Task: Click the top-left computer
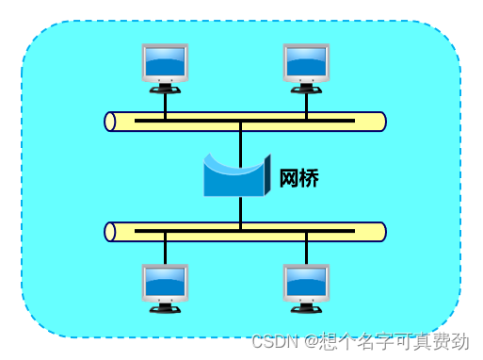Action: pyautogui.click(x=165, y=66)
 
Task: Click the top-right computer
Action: pyautogui.click(x=306, y=66)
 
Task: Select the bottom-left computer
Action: pyautogui.click(x=165, y=286)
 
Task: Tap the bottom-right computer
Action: pyautogui.click(x=306, y=286)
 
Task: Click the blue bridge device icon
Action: pyautogui.click(x=236, y=176)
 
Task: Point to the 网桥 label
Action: pyautogui.click(x=298, y=178)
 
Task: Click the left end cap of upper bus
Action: pyautogui.click(x=110, y=122)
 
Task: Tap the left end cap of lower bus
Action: pyautogui.click(x=110, y=232)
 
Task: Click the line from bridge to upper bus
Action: pyautogui.click(x=241, y=141)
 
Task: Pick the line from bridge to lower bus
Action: pyautogui.click(x=241, y=212)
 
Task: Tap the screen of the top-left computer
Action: pyautogui.click(x=165, y=61)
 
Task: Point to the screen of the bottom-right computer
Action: pyautogui.click(x=306, y=282)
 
